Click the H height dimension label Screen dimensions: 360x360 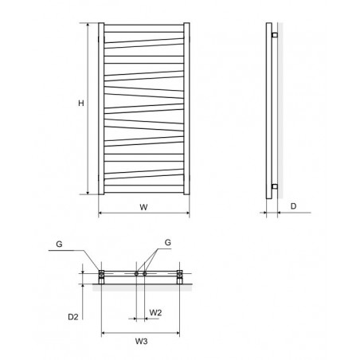[x=81, y=103]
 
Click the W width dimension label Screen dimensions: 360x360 [x=143, y=207]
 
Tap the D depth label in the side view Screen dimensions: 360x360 [x=293, y=206]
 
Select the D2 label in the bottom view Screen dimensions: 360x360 [x=73, y=317]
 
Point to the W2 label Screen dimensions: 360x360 [x=155, y=312]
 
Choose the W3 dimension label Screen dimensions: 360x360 [x=141, y=341]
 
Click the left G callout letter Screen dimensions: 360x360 [x=59, y=244]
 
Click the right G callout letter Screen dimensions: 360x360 [x=168, y=242]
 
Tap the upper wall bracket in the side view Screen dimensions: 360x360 [x=275, y=35]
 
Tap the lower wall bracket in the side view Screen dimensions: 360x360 [x=275, y=186]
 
